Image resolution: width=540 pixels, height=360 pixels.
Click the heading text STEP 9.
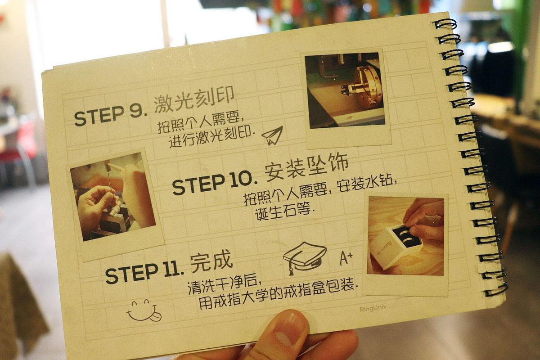tap(108, 117)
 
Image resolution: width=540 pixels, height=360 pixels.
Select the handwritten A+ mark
tap(346, 258)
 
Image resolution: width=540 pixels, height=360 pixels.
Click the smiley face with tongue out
tap(144, 311)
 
